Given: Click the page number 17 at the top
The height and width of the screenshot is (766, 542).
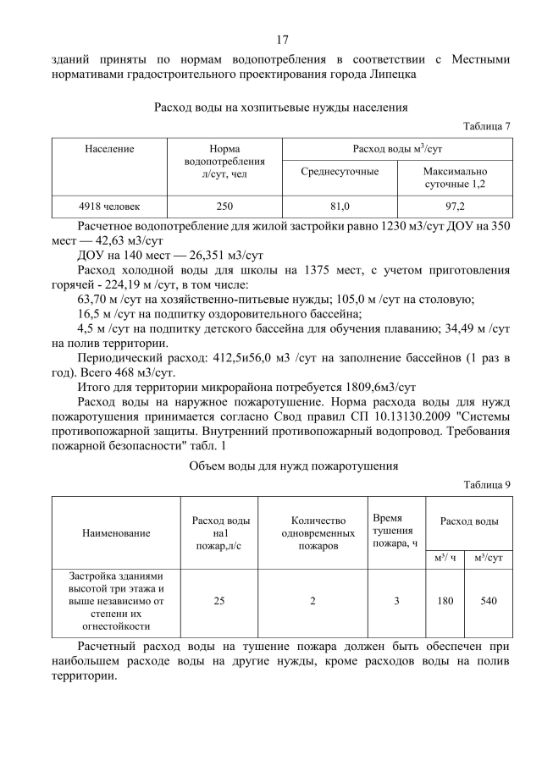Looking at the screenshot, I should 282,39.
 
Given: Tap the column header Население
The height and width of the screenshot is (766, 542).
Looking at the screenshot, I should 109,149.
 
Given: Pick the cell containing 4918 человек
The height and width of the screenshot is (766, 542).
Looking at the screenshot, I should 109,206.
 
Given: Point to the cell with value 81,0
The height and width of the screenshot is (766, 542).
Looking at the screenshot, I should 340,206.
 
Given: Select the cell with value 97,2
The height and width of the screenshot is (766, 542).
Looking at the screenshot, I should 455,206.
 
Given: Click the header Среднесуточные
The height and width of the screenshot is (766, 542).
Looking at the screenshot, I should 340,172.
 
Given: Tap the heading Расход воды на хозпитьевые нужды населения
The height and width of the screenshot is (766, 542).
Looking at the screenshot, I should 281,107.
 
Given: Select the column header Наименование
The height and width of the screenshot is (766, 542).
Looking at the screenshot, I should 116,533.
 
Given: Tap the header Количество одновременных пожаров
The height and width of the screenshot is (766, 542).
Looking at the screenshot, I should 312,533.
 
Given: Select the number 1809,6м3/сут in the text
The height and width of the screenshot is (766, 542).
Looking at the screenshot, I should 374,383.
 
